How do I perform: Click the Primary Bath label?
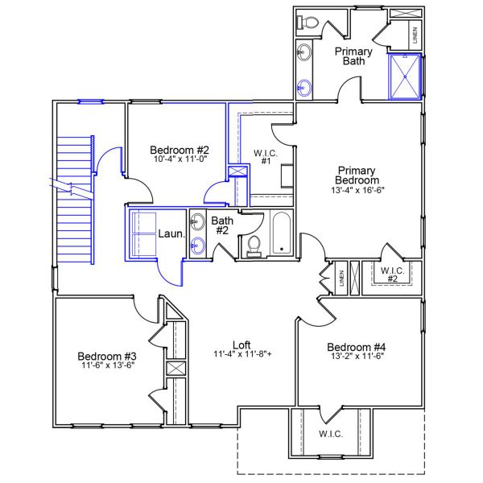click(353, 57)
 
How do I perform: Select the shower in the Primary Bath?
click(404, 76)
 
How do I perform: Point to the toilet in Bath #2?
click(254, 245)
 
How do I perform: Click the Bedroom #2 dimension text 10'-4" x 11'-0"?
click(180, 160)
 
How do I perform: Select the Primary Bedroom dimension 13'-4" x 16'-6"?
click(358, 192)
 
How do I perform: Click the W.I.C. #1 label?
click(265, 157)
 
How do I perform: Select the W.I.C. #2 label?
click(391, 274)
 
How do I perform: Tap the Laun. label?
click(169, 234)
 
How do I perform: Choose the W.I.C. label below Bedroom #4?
click(331, 434)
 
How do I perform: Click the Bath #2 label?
click(221, 225)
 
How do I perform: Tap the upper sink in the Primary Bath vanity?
click(305, 52)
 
